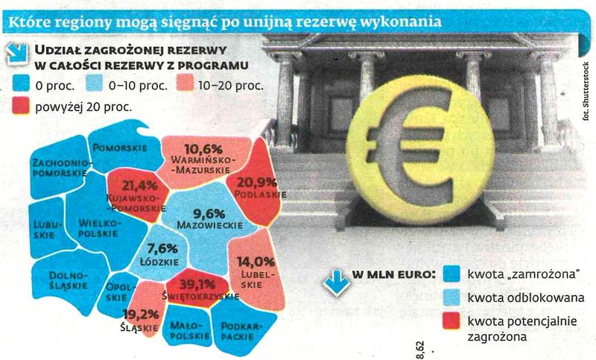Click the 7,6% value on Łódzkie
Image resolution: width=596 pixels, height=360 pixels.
(x=164, y=249)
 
